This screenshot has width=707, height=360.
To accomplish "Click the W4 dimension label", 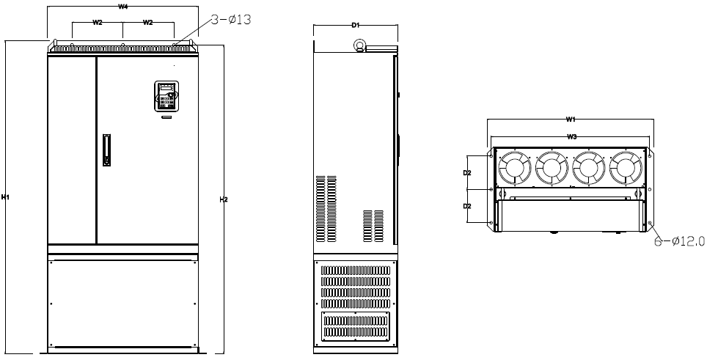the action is [x=122, y=7].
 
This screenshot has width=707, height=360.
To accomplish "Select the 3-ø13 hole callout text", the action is [x=230, y=20].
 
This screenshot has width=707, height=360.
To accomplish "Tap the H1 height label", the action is [x=5, y=197].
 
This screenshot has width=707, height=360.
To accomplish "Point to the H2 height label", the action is [x=223, y=199].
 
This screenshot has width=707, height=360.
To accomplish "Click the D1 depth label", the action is [x=355, y=25].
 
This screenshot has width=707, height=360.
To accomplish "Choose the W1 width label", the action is [x=571, y=120].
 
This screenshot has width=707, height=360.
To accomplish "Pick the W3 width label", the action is [x=572, y=137].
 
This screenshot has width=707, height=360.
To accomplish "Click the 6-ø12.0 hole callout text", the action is [x=679, y=241].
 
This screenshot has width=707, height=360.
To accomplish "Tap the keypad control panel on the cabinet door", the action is [x=166, y=96].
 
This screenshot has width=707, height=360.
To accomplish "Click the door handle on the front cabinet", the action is [x=107, y=150].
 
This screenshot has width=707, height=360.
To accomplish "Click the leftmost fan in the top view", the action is [x=514, y=168].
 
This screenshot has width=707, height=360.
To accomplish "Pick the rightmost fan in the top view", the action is [x=626, y=168].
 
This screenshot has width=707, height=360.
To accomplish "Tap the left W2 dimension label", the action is [x=98, y=23].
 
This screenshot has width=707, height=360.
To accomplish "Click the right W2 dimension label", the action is [x=148, y=23].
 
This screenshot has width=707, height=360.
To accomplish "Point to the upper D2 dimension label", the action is [x=467, y=172].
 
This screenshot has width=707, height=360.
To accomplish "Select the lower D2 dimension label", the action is [x=467, y=206].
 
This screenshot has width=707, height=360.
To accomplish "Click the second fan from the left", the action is [x=552, y=168].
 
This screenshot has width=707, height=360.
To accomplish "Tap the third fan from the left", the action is [x=588, y=168].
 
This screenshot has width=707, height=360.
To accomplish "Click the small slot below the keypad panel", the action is [x=166, y=117].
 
